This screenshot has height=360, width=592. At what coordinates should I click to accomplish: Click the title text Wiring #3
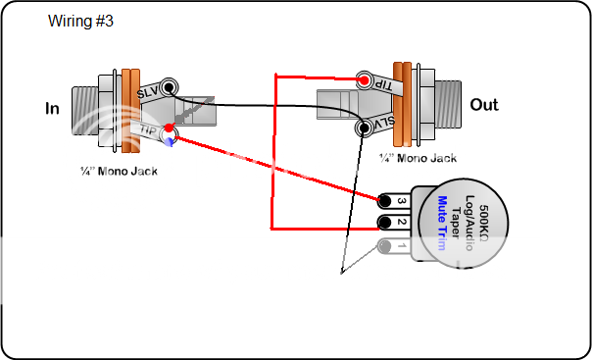click(x=81, y=21)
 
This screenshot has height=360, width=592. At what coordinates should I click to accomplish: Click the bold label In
click(x=52, y=108)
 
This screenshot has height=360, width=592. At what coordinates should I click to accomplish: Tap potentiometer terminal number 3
click(x=400, y=201)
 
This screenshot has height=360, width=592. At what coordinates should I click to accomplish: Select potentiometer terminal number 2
click(x=400, y=223)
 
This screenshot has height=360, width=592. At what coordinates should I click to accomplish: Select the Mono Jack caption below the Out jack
click(x=419, y=157)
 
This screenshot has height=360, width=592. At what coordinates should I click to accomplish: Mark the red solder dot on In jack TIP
click(x=170, y=128)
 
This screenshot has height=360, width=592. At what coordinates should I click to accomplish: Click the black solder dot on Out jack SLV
click(x=364, y=126)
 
